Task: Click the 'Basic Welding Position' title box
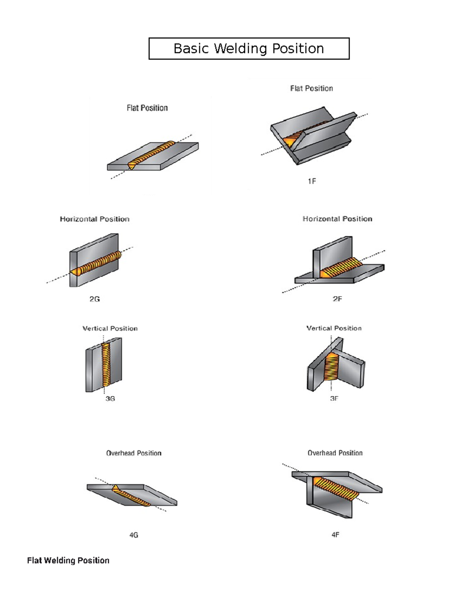pos(249,48)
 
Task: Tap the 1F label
pos(312,181)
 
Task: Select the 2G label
pos(95,299)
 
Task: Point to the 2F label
pos(337,299)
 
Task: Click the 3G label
pos(110,399)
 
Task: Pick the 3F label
pos(334,399)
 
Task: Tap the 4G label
pos(134,535)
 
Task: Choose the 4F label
pos(335,535)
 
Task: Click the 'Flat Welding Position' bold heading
pos(68,560)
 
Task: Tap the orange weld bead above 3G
pos(106,364)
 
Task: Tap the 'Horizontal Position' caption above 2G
pos(95,219)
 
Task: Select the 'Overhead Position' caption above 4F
pos(335,453)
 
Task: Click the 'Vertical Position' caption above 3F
pos(334,328)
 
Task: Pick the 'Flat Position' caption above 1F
pos(312,88)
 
